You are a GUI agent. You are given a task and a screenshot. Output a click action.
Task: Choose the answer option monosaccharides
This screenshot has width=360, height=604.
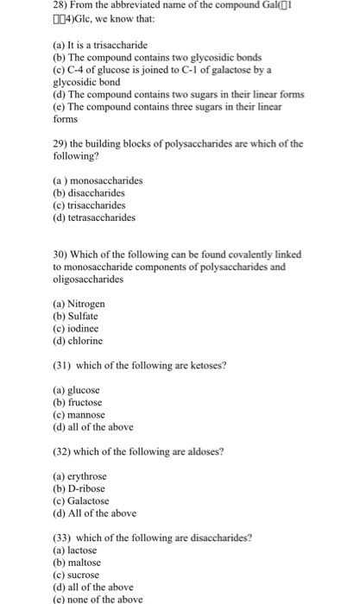tap(105, 180)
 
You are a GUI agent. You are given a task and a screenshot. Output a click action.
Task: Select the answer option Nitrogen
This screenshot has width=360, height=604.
tap(87, 304)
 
